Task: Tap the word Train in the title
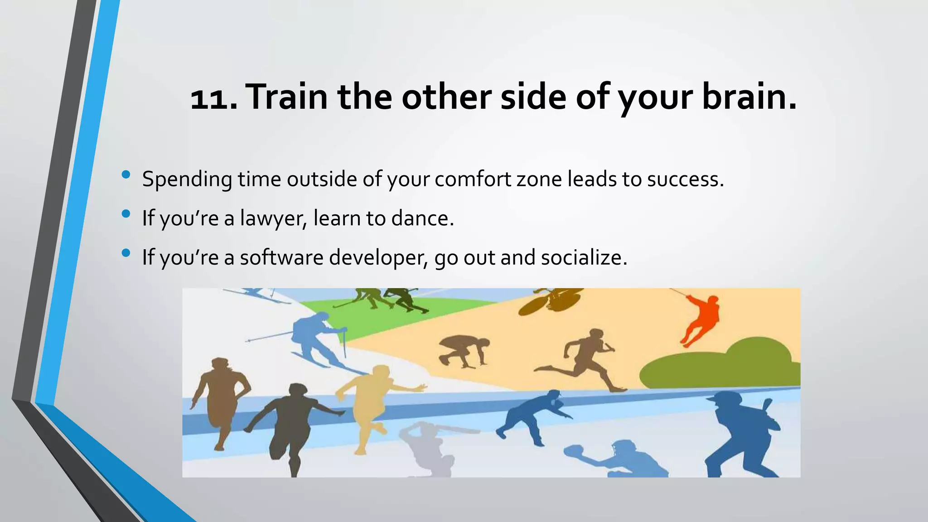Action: (x=288, y=97)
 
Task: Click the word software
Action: (x=281, y=258)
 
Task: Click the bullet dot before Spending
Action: (x=126, y=174)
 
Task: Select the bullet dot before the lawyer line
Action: (x=126, y=213)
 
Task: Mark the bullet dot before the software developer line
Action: (x=126, y=253)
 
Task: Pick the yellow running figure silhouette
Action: (x=372, y=403)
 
